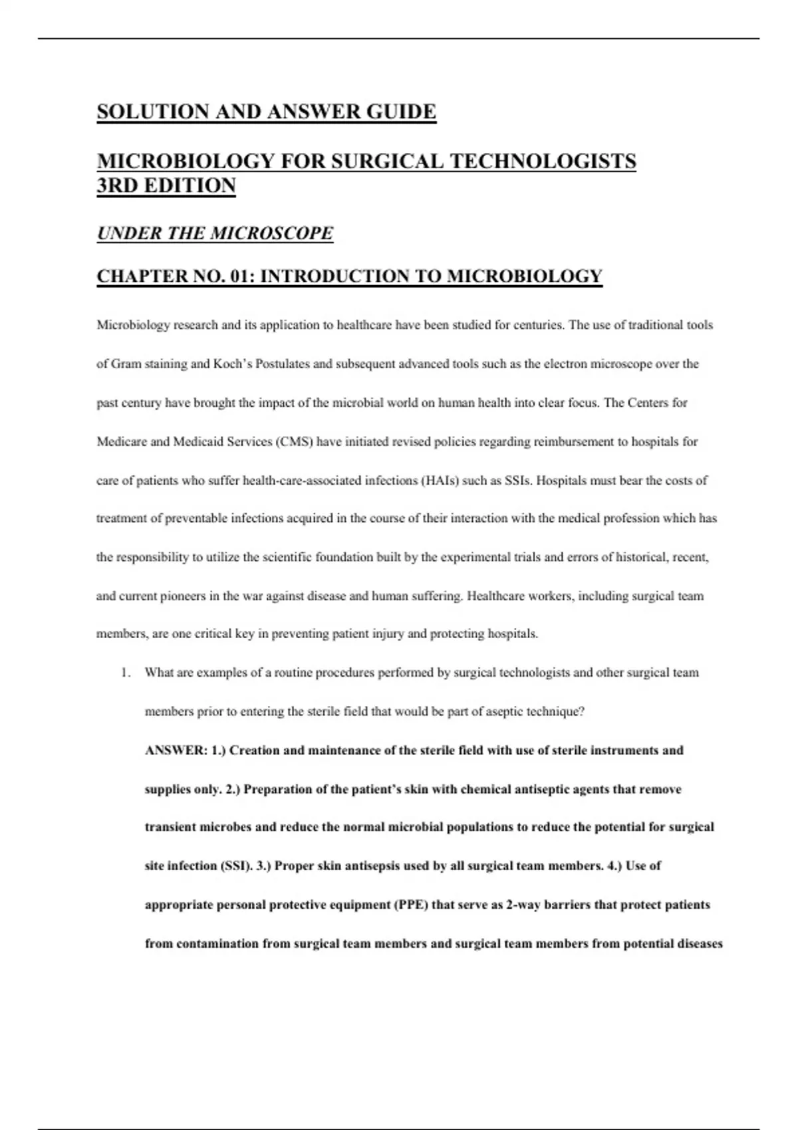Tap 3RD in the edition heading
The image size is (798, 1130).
pos(116,185)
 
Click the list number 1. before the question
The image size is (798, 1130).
pos(125,673)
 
